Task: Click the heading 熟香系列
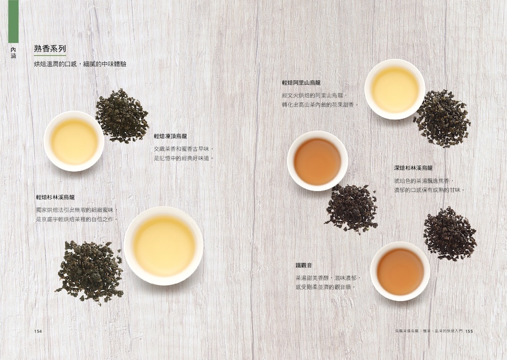[50, 49]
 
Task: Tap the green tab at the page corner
[13, 21]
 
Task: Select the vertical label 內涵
[13, 53]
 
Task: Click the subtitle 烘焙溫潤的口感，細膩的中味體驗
[80, 64]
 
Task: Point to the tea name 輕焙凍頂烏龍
[170, 136]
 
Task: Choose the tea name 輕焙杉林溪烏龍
[55, 197]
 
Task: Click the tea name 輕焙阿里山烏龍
[301, 83]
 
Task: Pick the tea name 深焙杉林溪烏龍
[413, 168]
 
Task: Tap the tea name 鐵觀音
[304, 266]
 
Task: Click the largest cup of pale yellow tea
[164, 246]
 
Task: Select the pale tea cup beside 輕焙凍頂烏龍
[74, 141]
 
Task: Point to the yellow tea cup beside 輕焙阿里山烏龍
[395, 89]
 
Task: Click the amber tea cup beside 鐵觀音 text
[401, 271]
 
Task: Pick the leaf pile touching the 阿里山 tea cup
[443, 118]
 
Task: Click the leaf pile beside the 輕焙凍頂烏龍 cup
[122, 116]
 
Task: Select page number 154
[38, 331]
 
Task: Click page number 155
[469, 331]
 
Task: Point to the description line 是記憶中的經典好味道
[185, 159]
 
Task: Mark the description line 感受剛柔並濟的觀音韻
[326, 287]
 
